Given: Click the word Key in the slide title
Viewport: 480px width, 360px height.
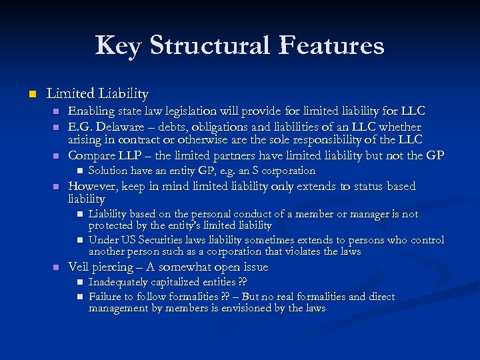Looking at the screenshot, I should [x=119, y=46].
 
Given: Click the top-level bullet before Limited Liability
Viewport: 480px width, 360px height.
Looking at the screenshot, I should [x=29, y=94].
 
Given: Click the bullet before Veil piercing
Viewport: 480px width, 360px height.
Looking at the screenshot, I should [x=56, y=267].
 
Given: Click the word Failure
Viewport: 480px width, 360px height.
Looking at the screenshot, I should [x=108, y=297].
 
